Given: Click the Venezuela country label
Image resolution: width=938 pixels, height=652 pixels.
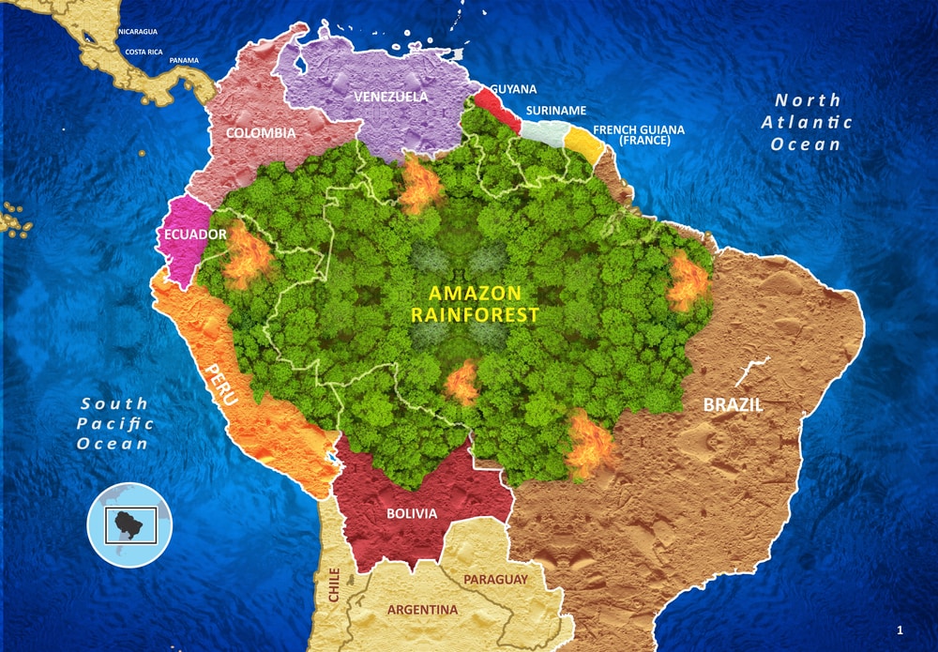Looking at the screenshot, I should [390, 97].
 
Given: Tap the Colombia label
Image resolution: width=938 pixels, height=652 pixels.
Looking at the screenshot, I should [260, 133].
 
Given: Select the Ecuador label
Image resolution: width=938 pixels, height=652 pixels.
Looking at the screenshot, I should [195, 235].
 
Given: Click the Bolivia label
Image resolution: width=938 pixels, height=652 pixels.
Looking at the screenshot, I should [412, 513].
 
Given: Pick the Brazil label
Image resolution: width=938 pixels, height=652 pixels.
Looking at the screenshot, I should [733, 405].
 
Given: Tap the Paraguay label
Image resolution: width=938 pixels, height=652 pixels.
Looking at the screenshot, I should [495, 580].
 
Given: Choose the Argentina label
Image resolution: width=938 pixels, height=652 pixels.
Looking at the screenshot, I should [422, 610].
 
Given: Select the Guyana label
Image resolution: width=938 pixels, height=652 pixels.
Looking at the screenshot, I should [513, 89].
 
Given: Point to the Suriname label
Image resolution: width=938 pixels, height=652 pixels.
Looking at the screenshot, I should [555, 111].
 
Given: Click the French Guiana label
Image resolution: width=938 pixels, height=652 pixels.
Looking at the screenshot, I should [639, 134].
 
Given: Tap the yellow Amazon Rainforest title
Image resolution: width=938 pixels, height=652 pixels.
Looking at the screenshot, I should [475, 304].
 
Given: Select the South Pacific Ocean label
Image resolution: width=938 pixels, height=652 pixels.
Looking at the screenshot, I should [113, 423].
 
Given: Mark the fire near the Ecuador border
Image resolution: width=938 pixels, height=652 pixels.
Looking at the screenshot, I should [246, 256].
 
